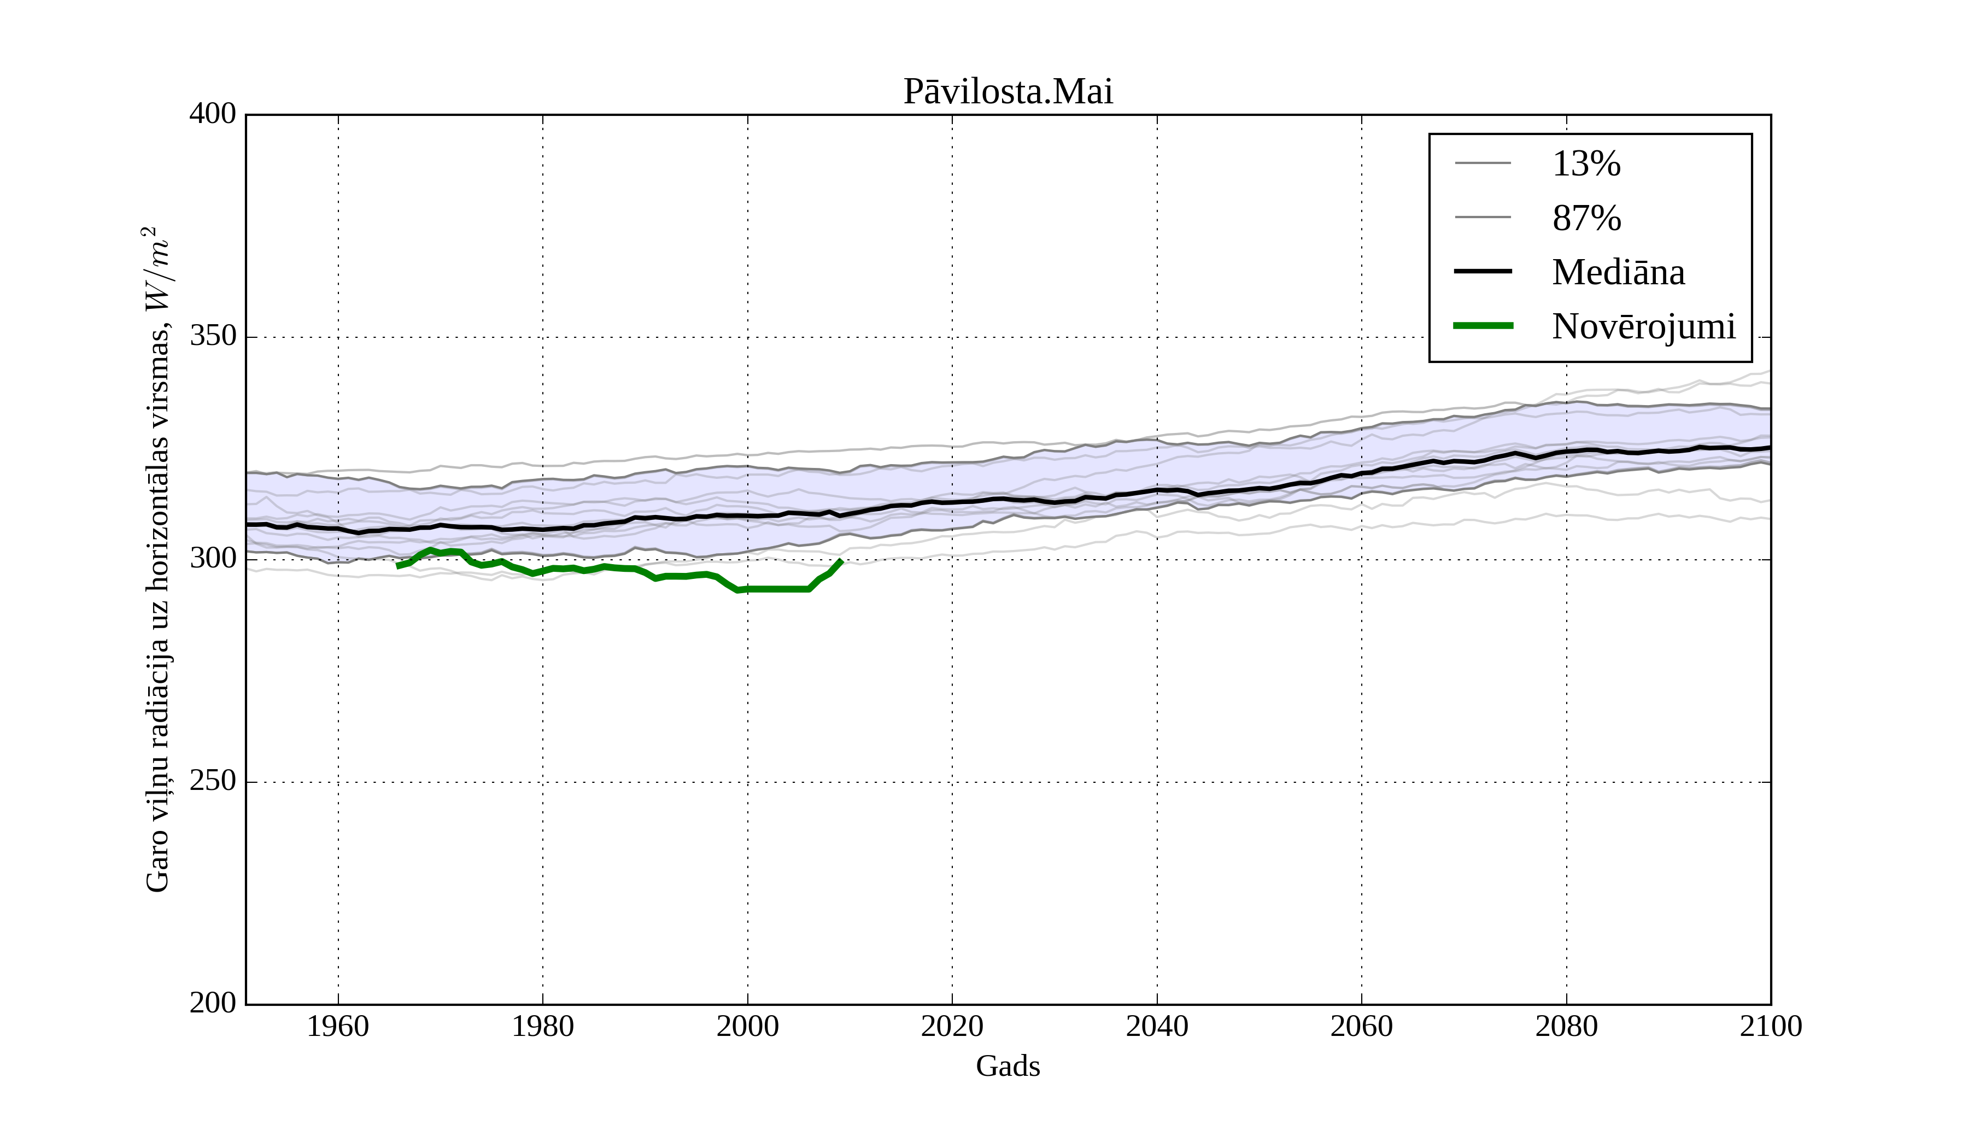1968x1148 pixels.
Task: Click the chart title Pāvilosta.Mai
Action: tap(1008, 92)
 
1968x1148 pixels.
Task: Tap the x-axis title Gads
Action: tap(1008, 1066)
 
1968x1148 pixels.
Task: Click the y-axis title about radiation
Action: tap(157, 559)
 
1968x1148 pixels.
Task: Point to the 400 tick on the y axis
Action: tap(213, 115)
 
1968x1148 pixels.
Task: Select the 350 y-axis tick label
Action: tap(213, 337)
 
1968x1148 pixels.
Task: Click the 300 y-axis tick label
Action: tap(213, 559)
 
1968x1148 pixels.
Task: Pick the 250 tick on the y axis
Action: tap(213, 782)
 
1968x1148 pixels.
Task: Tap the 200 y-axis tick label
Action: tap(213, 1004)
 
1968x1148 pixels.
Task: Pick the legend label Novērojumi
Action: tap(1644, 326)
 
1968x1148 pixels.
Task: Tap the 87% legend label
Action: tap(1586, 218)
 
